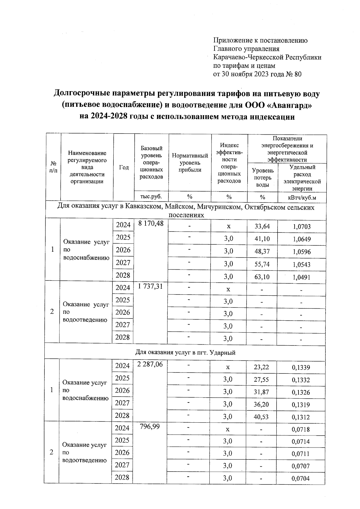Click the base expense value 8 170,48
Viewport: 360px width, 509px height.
[151, 224]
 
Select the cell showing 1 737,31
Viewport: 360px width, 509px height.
[151, 286]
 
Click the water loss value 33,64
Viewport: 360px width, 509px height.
[262, 226]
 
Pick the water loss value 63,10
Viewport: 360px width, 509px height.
[262, 277]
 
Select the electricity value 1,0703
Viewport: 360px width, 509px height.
[302, 227]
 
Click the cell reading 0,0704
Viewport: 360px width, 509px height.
[301, 479]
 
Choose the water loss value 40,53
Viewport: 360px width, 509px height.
[261, 417]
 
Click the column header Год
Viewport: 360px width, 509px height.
[124, 168]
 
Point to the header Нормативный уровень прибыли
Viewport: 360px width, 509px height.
[190, 163]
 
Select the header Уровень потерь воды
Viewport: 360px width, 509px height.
[263, 178]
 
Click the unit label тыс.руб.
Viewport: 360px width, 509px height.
[151, 197]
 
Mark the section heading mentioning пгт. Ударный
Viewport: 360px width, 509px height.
[185, 353]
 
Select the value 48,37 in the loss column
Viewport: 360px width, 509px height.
[262, 252]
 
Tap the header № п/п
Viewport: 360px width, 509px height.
[53, 167]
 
